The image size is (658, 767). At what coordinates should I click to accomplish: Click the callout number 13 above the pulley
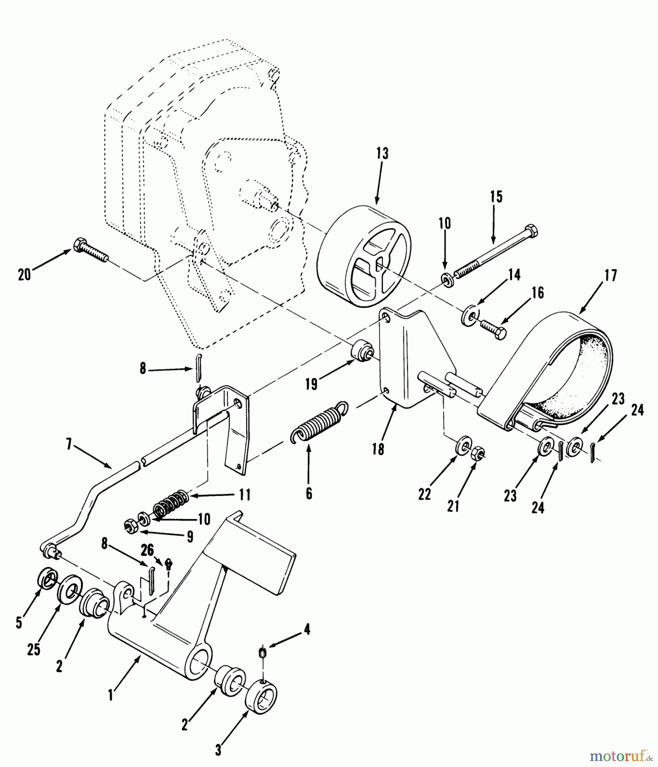click(383, 153)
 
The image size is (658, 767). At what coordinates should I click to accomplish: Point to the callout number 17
click(611, 276)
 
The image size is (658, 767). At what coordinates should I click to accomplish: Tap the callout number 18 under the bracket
click(378, 449)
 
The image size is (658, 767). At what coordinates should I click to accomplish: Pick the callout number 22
click(424, 494)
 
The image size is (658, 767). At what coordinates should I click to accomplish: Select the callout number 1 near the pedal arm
click(110, 695)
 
